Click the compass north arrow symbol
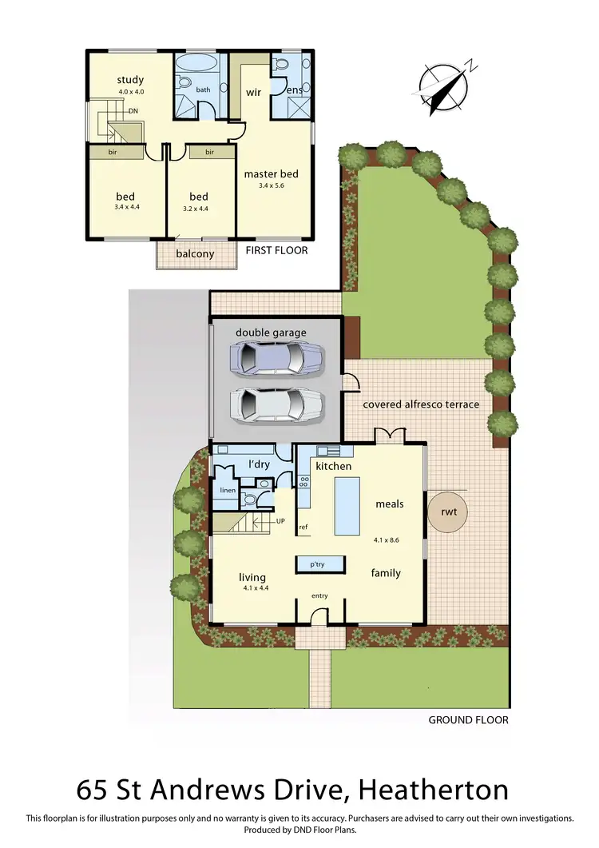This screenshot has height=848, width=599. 446,86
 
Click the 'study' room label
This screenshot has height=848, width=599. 129,79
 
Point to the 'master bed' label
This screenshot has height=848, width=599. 272,173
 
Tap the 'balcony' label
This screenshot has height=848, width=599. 195,254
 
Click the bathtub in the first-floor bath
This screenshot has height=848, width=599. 195,64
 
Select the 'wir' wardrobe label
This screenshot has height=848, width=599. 253,93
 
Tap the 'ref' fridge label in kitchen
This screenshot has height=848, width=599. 303,528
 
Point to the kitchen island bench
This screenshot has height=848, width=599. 347,504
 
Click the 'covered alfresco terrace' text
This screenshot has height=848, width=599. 421,404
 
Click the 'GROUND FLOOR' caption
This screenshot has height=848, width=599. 468,720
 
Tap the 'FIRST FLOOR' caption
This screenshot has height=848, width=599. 276,250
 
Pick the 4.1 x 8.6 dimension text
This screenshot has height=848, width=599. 386,540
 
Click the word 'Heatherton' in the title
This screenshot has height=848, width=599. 434,790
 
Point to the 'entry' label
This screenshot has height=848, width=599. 319,595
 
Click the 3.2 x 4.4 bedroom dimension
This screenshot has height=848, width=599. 199,209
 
